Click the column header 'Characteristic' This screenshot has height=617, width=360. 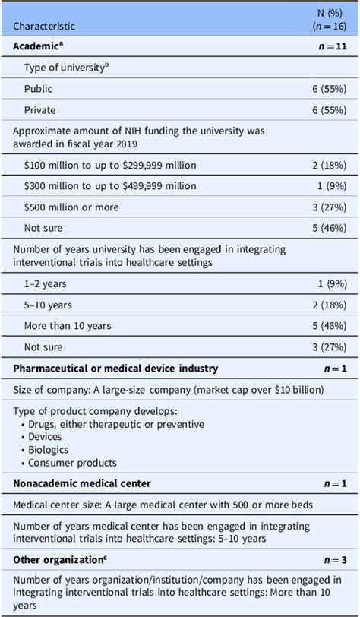[43, 26]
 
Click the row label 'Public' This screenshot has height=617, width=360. [39, 88]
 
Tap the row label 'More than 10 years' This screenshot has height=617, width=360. [68, 326]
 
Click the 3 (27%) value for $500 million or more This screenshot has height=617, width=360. [324, 205]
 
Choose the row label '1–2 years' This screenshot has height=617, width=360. [45, 284]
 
